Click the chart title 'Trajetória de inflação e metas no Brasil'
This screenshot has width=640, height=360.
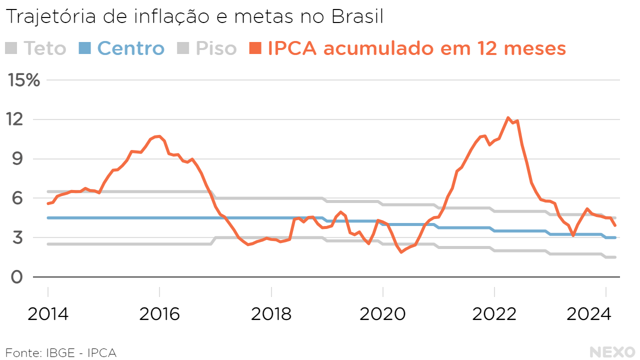(x=194, y=17)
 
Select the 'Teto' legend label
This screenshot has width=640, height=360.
(x=44, y=48)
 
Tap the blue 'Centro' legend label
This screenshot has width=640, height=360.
(x=130, y=48)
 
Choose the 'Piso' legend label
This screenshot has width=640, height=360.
(x=216, y=48)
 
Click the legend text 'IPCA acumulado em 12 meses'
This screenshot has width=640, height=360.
(x=416, y=48)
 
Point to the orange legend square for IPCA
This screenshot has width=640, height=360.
(x=256, y=48)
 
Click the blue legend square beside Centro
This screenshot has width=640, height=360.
(x=85, y=48)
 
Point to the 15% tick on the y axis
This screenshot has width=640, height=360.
(x=23, y=80)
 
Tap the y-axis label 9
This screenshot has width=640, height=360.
(x=17, y=159)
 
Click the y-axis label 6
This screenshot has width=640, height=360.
(x=17, y=198)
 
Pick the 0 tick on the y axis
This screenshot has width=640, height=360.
(x=17, y=276)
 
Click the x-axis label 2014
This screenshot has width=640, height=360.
(x=48, y=314)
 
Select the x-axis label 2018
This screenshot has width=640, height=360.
(x=271, y=314)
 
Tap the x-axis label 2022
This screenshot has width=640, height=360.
(x=494, y=314)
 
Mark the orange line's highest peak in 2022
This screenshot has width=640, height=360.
(x=508, y=118)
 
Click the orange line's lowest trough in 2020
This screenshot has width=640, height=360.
(x=401, y=252)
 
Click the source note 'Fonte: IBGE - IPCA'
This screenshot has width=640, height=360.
(x=61, y=352)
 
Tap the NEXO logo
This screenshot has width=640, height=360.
(x=612, y=352)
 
